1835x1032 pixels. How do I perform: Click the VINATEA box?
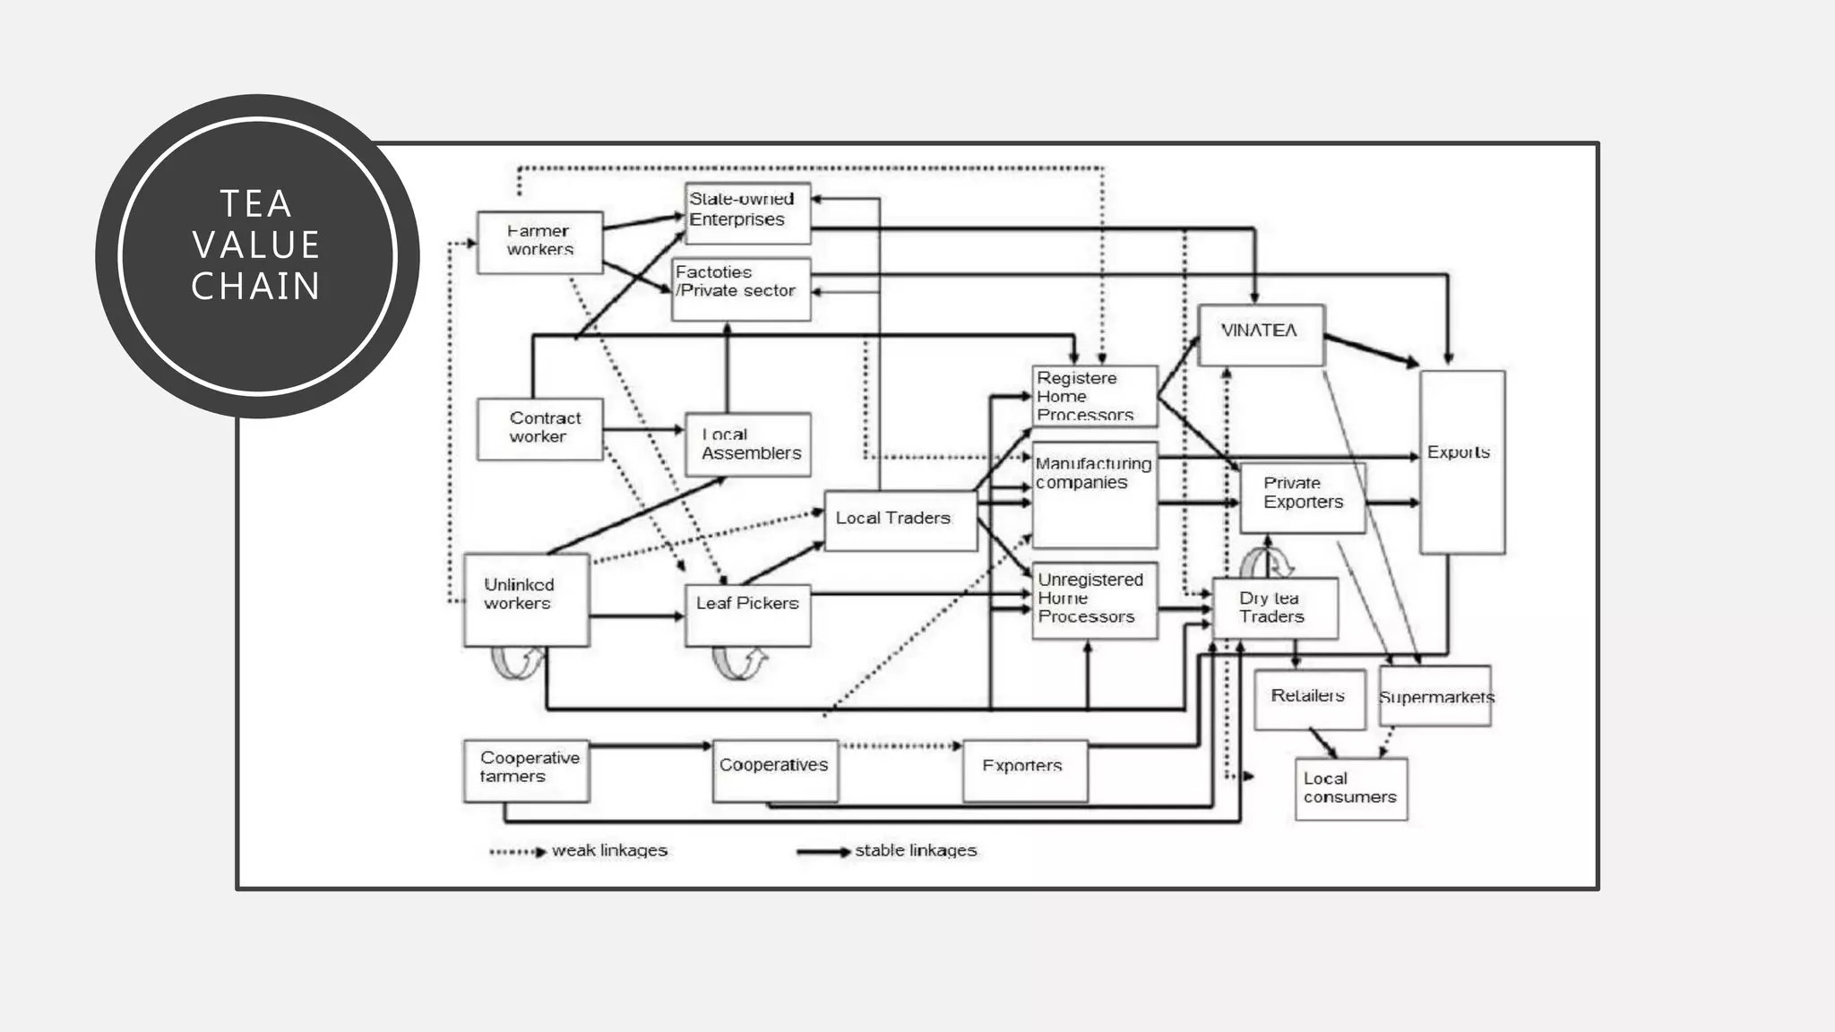pos(1260,334)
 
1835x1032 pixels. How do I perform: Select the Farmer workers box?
pos(539,242)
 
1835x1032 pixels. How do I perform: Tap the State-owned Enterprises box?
pos(747,213)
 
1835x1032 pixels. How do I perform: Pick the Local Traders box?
pos(900,520)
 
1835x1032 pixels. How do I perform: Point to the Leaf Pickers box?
pos(747,615)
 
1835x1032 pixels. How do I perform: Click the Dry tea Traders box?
pos(1274,608)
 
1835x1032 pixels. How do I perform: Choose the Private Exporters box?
pos(1302,497)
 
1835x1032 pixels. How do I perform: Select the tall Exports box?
pos(1461,462)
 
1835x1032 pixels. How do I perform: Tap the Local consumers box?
pos(1350,788)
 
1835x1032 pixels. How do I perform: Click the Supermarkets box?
pos(1434,696)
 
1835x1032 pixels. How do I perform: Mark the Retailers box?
pos(1309,698)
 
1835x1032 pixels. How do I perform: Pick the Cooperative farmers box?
pos(526,770)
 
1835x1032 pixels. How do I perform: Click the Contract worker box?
pos(539,428)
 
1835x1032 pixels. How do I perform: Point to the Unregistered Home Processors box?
pos(1093,599)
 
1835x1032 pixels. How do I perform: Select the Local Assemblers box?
pos(747,444)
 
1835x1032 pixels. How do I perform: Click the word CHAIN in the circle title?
pos(256,287)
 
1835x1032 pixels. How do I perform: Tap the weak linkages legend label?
pos(609,850)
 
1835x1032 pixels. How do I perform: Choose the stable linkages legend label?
pos(915,850)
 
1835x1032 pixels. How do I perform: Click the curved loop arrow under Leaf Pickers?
pos(739,664)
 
